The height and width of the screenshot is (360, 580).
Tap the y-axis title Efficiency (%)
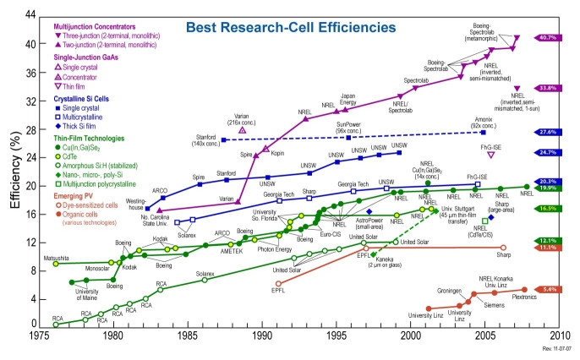point(14,169)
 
